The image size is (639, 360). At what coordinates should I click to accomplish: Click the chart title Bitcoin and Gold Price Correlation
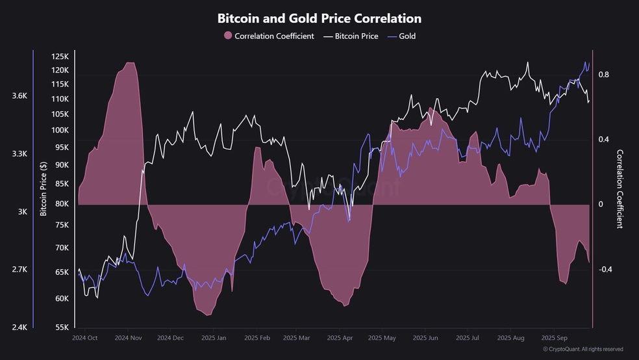point(319,18)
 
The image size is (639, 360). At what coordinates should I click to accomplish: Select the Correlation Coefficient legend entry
point(269,36)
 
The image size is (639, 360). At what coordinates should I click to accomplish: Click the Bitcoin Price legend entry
point(351,36)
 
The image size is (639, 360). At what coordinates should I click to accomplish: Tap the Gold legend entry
point(401,36)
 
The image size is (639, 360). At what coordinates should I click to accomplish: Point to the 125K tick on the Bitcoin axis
point(60,57)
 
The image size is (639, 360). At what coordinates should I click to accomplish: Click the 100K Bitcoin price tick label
point(60,130)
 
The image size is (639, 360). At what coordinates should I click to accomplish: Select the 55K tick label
point(62,327)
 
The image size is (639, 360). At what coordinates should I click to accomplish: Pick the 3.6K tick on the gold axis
point(19,96)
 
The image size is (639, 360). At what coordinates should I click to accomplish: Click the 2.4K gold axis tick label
point(19,327)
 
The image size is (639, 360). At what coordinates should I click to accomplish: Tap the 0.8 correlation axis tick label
point(603,75)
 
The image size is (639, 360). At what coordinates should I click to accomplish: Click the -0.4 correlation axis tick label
point(605,269)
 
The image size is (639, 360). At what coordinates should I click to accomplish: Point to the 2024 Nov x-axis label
point(128,338)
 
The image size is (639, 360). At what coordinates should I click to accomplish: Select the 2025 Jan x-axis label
point(214,338)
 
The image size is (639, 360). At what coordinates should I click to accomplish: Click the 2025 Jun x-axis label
point(425,338)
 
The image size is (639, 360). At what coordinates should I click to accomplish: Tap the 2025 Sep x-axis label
point(554,338)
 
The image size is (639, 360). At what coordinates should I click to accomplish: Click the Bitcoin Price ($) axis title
point(44,188)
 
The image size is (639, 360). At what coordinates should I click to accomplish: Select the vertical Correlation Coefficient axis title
point(620,188)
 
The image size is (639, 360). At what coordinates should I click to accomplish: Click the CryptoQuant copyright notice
point(583,350)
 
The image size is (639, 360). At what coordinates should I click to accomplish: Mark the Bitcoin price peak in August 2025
point(528,62)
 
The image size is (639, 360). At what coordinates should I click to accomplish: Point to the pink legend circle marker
point(228,36)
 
